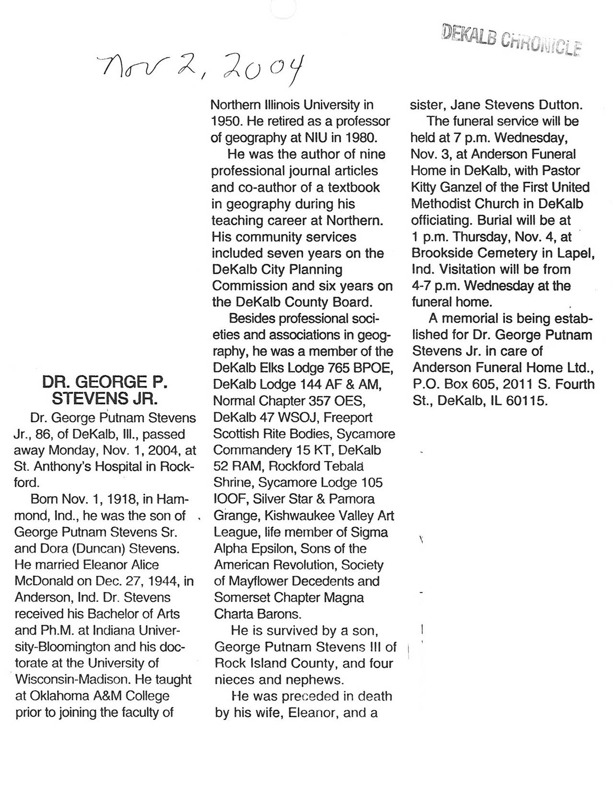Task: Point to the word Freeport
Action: (348, 417)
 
